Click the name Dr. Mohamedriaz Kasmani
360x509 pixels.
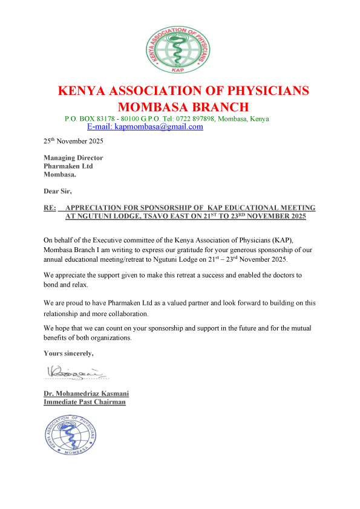[86, 394]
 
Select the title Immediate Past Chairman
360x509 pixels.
[85, 401]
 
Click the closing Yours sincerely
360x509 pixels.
[68, 352]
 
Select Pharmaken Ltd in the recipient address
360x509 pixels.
[68, 166]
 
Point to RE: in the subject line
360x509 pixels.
[50, 208]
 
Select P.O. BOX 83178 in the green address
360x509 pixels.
[90, 118]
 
